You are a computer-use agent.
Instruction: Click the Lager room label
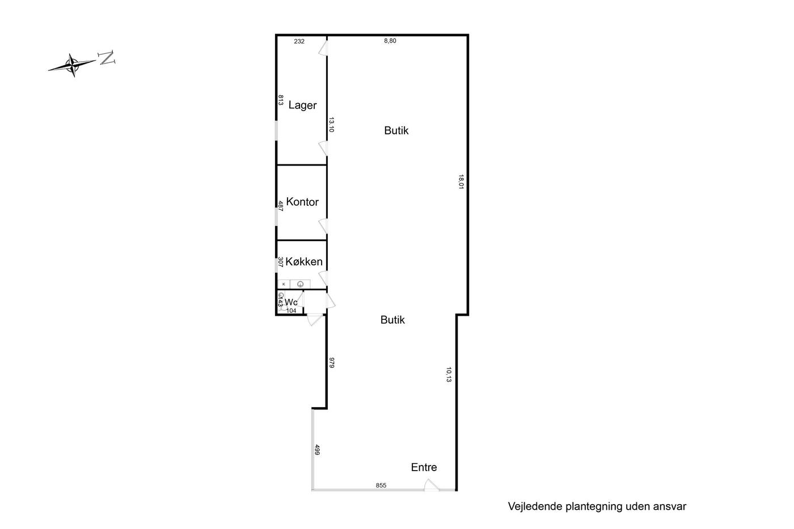(302, 105)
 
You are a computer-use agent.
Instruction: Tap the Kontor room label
(302, 202)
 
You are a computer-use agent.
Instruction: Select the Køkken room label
(304, 261)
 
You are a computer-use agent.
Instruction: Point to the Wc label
(290, 302)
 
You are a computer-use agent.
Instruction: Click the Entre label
(424, 467)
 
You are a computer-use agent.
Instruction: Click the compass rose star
(73, 65)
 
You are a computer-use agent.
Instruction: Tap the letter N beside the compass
(107, 58)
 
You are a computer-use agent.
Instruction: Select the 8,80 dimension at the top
(390, 41)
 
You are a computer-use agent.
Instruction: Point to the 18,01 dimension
(461, 181)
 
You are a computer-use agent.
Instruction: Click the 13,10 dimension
(331, 125)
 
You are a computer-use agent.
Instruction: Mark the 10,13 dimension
(449, 375)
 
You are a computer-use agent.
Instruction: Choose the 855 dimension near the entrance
(381, 485)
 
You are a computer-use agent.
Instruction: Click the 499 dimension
(317, 450)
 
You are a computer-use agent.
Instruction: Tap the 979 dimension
(332, 363)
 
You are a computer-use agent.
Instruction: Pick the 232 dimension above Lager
(299, 41)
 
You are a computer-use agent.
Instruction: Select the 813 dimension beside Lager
(280, 100)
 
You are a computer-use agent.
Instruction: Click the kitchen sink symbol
(300, 284)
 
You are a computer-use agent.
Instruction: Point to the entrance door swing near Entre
(432, 485)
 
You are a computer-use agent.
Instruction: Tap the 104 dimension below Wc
(291, 311)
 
